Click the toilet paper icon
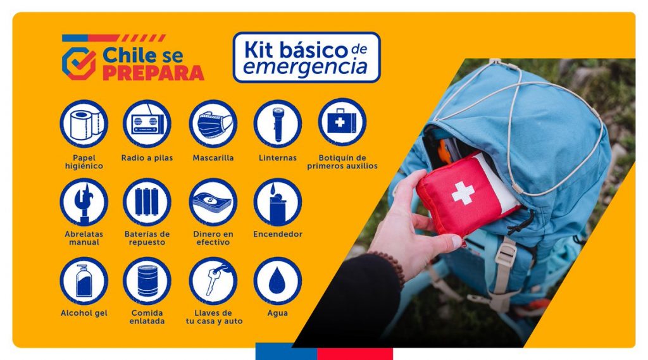click(84, 123)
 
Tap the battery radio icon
click(147, 123)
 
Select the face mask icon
click(213, 123)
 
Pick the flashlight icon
click(277, 123)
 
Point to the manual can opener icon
click(84, 202)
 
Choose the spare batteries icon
click(147, 202)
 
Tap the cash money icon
click(213, 202)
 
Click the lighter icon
click(277, 202)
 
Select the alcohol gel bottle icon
click(84, 280)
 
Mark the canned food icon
click(147, 280)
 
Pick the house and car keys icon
click(213, 280)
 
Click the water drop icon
click(277, 280)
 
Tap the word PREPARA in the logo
click(153, 72)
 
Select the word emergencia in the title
click(305, 67)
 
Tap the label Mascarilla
click(213, 158)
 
